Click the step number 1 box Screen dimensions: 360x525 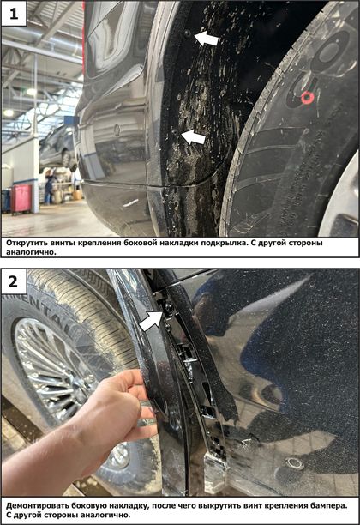pos(14,14)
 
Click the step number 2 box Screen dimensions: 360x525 pos(14,281)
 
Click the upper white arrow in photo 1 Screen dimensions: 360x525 pos(206,39)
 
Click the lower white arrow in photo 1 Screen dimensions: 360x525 pos(194,137)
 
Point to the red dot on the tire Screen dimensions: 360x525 pos(307,98)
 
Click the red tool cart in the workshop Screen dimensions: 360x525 pos(21,198)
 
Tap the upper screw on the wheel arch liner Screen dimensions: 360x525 pos(188,33)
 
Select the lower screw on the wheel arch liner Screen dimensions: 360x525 pos(175,132)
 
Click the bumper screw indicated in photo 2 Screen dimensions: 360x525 pos(168,307)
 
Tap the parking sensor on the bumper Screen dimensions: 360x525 pos(295,463)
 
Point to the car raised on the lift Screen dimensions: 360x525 pos(57,145)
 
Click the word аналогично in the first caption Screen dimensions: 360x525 pos(31,252)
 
